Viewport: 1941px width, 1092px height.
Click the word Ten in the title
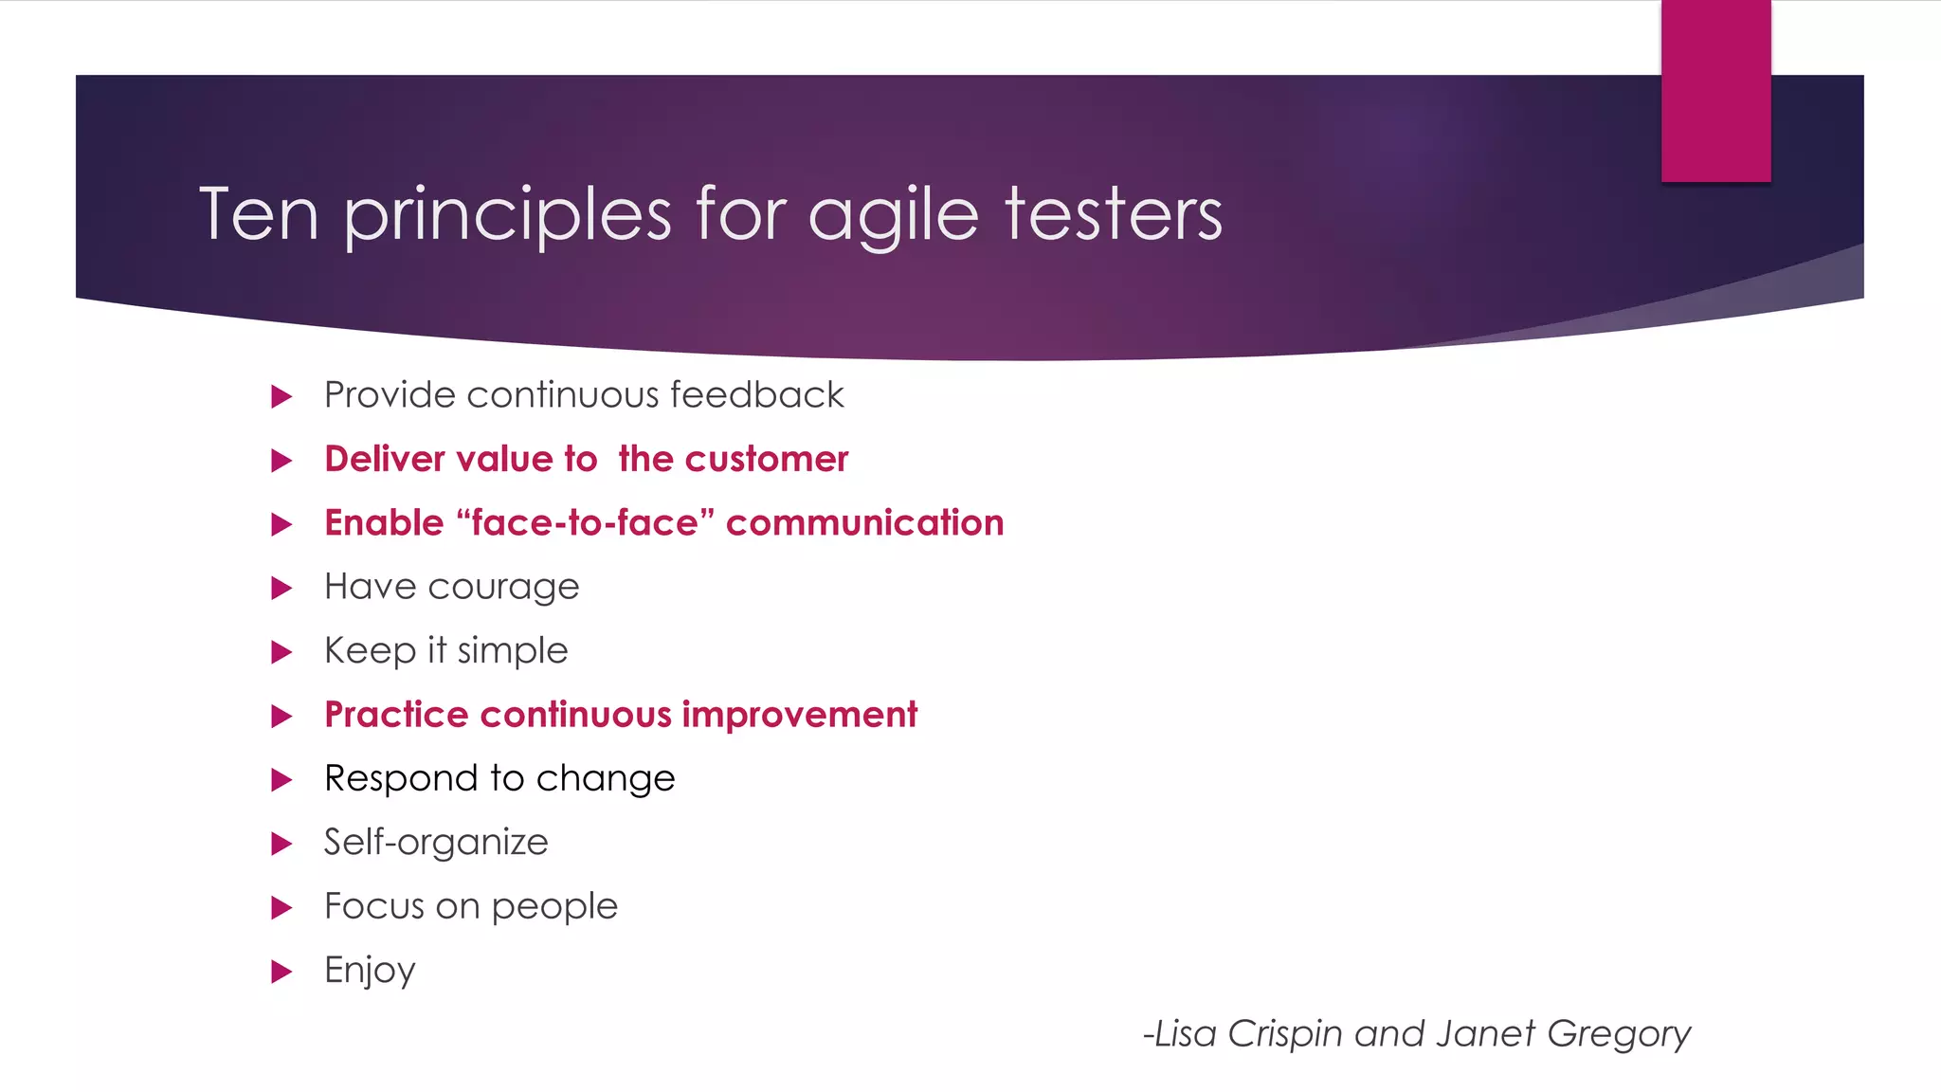tap(258, 214)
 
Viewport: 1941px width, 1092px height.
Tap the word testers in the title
tap(1114, 214)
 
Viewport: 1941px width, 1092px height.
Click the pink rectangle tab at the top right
tap(1715, 91)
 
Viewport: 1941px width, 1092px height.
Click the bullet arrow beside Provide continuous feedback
tap(281, 396)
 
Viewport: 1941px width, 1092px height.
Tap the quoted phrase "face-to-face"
tap(585, 523)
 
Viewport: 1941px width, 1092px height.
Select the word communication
tap(864, 523)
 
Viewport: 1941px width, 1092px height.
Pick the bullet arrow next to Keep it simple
tap(281, 652)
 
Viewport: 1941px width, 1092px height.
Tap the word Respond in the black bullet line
tap(401, 779)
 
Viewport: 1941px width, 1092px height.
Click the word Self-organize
tap(436, 843)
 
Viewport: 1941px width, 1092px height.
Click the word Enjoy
tap(370, 971)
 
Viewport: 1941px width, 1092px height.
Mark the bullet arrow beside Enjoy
tap(281, 971)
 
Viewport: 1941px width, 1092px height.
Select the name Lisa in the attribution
tap(1185, 1033)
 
